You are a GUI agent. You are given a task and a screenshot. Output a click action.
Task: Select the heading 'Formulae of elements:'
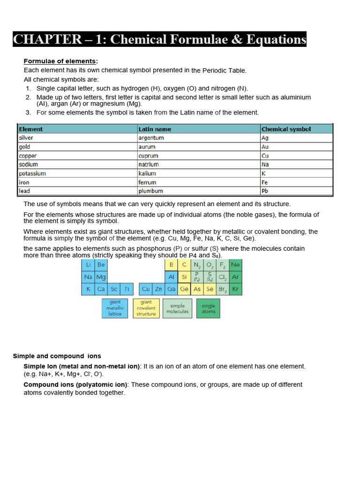[x=60, y=61]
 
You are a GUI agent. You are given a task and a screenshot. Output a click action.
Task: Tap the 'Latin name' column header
[x=155, y=129]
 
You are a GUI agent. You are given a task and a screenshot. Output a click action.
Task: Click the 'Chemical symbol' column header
[x=286, y=129]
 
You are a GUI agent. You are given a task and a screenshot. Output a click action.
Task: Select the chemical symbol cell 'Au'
[x=265, y=147]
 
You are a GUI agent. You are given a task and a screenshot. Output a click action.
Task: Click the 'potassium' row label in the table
[x=32, y=173]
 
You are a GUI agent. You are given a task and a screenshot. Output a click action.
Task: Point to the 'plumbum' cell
[x=150, y=191]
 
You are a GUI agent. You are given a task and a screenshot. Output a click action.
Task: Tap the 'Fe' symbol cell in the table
[x=265, y=182]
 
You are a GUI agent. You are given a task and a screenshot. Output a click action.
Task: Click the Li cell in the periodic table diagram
[x=88, y=265]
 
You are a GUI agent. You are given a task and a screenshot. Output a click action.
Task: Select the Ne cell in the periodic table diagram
[x=235, y=265]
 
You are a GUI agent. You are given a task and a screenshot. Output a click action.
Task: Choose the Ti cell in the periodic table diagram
[x=127, y=289]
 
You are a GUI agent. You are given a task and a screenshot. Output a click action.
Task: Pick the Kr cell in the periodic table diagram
[x=235, y=289]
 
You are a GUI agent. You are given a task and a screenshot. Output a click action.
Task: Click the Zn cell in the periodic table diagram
[x=159, y=289]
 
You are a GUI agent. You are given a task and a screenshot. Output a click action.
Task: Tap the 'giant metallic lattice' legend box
[x=115, y=308]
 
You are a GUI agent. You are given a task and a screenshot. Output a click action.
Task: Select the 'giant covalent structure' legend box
[x=146, y=308]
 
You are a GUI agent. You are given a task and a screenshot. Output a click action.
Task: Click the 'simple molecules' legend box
[x=177, y=308]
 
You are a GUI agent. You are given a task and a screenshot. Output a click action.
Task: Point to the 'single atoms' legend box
[x=208, y=308]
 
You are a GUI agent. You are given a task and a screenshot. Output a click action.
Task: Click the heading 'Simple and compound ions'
[x=57, y=356]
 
